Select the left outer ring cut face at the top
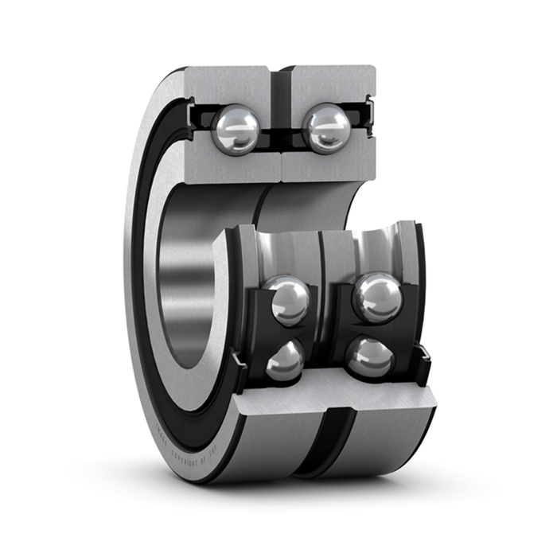[231, 84]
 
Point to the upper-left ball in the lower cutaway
[286, 301]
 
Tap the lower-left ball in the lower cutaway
[285, 361]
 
